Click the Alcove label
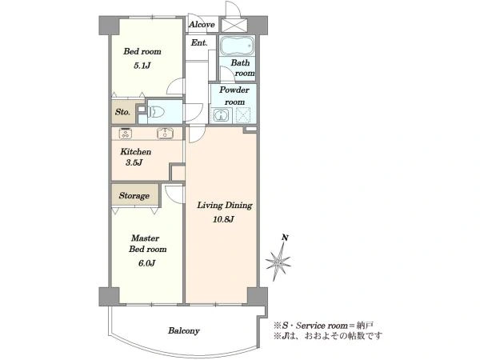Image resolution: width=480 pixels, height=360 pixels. [202, 25]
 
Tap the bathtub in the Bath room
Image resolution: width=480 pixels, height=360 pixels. [238, 46]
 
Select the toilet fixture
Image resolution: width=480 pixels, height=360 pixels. [155, 111]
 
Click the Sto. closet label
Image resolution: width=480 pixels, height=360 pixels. [122, 112]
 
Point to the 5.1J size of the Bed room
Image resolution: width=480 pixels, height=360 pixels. [142, 66]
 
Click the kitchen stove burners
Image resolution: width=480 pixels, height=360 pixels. [126, 134]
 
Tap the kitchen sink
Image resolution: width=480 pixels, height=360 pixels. [165, 134]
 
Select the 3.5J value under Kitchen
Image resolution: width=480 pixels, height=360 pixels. [134, 162]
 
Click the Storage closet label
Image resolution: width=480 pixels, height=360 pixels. [134, 196]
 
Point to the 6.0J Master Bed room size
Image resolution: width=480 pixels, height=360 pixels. [146, 263]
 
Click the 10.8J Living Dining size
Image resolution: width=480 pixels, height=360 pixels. [223, 219]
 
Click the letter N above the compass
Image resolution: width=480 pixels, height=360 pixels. [285, 238]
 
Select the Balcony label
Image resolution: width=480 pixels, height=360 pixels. [184, 330]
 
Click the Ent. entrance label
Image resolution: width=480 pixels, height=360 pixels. [199, 42]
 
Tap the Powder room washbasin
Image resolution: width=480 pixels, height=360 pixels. [221, 115]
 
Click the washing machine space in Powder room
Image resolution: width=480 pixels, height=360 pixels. [244, 115]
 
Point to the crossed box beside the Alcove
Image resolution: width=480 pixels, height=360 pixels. [234, 26]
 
